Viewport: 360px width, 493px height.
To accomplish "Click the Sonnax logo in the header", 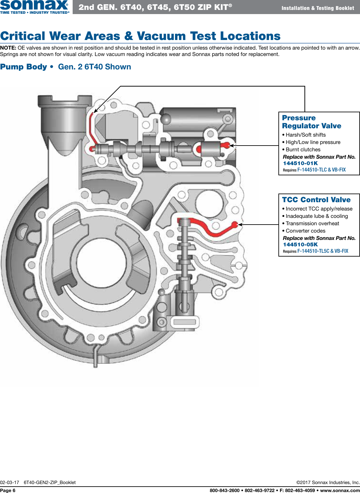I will (x=34, y=6).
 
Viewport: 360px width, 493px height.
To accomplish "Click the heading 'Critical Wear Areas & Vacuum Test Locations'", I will (x=140, y=36).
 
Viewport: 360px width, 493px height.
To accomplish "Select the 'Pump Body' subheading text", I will (x=24, y=67).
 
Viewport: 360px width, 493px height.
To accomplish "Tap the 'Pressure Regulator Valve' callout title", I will (x=311, y=122).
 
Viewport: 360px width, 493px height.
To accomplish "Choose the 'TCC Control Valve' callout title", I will (x=316, y=200).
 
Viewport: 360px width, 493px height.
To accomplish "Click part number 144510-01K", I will (x=300, y=163).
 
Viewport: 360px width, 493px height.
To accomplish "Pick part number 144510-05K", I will (x=300, y=245).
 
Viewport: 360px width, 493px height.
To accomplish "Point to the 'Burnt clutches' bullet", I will (x=303, y=150).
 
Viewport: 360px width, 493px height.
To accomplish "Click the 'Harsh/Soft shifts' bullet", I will (x=305, y=135).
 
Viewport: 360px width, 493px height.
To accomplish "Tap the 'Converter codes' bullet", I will (x=305, y=231).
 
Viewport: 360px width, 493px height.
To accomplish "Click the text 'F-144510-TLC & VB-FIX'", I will (x=321, y=170).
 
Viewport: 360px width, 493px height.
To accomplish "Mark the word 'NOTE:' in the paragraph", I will (x=8, y=48).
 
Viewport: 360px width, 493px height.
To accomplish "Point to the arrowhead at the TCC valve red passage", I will (x=240, y=225).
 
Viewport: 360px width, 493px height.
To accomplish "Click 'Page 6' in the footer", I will (x=8, y=490).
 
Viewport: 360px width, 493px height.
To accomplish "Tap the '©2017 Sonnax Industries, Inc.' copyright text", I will (x=328, y=482).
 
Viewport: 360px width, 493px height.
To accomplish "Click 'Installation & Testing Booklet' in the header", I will (x=317, y=8).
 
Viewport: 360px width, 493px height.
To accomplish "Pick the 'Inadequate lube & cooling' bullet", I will (x=316, y=216).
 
